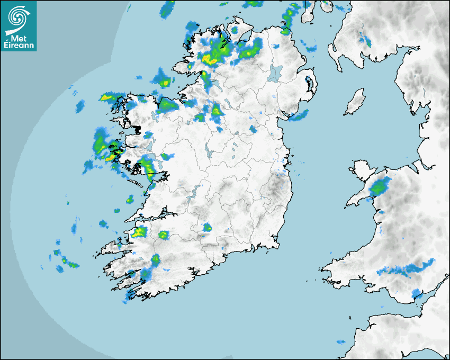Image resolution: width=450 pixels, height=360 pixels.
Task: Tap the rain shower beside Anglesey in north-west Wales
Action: tap(379, 186)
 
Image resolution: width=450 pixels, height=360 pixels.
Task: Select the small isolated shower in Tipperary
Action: tap(207, 227)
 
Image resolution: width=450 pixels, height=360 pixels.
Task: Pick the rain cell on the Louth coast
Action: tap(298, 115)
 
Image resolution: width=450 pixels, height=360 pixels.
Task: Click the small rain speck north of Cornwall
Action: tap(341, 342)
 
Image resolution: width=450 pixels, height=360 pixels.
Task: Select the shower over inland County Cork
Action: tap(155, 259)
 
